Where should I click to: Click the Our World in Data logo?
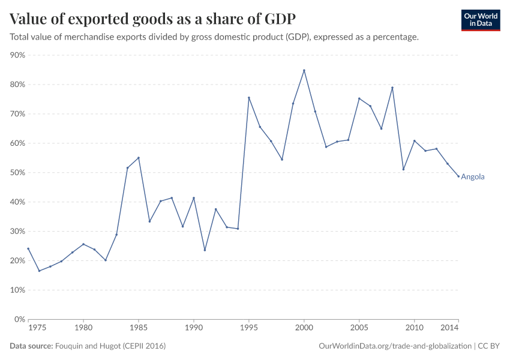[481, 20]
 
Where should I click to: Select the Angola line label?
[472, 177]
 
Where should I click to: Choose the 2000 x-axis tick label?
[304, 328]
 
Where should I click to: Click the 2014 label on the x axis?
[450, 328]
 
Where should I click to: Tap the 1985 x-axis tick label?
[139, 328]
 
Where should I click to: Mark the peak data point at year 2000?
[304, 70]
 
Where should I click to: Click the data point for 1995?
[249, 98]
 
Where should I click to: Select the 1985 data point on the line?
[139, 158]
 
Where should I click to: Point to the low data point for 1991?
[205, 250]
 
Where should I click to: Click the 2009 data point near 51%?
[403, 169]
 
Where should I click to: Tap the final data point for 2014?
[458, 176]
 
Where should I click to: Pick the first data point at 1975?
[28, 248]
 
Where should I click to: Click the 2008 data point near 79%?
[392, 88]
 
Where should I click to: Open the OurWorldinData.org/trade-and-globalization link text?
[396, 346]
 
